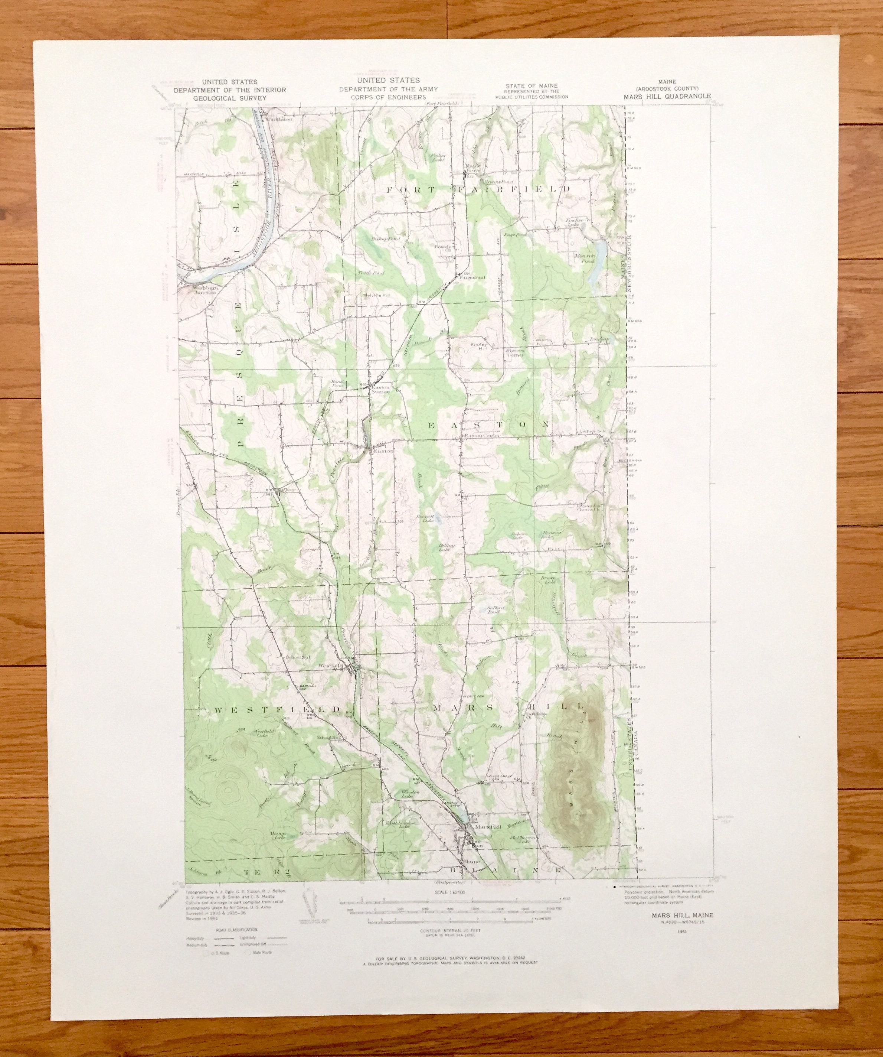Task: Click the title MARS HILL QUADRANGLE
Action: pyautogui.click(x=668, y=96)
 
